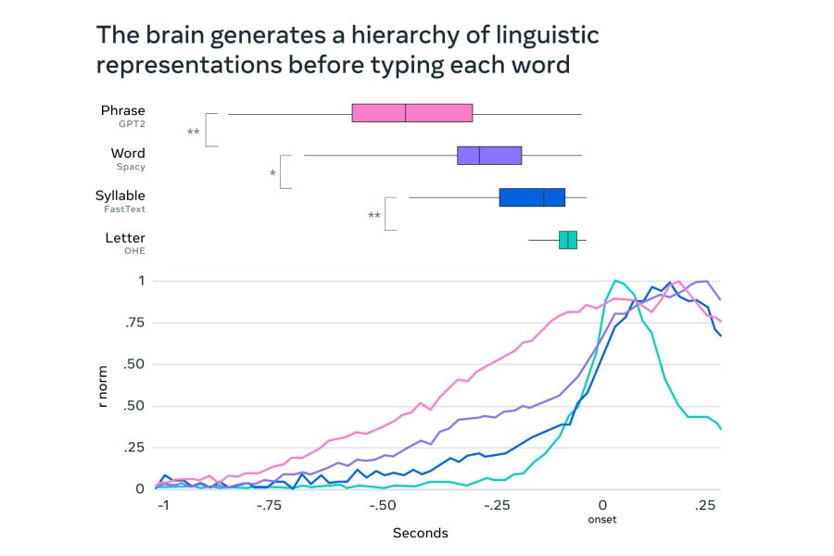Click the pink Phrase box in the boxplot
click(412, 113)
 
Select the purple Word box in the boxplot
click(489, 156)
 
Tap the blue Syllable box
click(532, 197)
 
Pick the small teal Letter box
click(567, 240)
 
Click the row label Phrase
click(123, 110)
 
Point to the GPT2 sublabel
click(132, 124)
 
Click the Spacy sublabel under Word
click(131, 167)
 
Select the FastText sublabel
click(124, 209)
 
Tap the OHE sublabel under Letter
click(134, 251)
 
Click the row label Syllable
click(120, 196)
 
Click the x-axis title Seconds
click(420, 533)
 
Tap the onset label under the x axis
click(602, 520)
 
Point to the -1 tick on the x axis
click(163, 506)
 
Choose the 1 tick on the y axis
click(142, 281)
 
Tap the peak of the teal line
click(614, 280)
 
